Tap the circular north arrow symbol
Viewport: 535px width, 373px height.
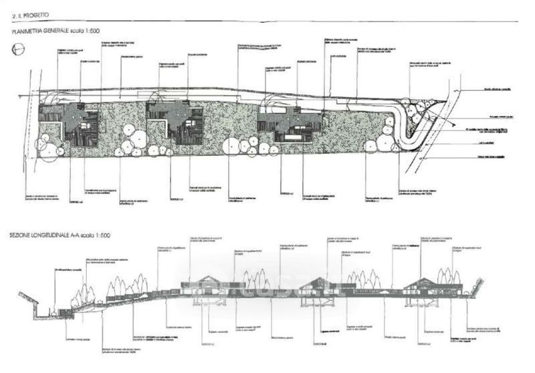tap(18, 48)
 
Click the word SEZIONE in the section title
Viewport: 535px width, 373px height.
tap(22, 236)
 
